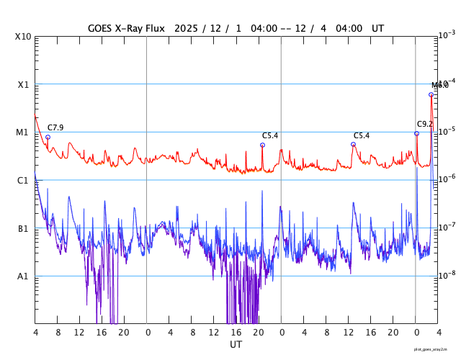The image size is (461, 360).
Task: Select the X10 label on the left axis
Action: pyautogui.click(x=22, y=37)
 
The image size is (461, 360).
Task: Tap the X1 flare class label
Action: pyautogui.click(x=23, y=84)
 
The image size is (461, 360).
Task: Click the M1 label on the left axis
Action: pyautogui.click(x=23, y=132)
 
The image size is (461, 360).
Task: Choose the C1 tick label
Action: pyautogui.click(x=23, y=180)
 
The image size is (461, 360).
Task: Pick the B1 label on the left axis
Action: pyautogui.click(x=23, y=228)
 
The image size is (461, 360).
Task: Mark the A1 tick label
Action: pyautogui.click(x=23, y=276)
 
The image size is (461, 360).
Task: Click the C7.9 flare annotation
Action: pyautogui.click(x=55, y=128)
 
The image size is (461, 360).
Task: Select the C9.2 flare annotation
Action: pyautogui.click(x=424, y=125)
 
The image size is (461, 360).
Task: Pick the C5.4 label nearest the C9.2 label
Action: pyautogui.click(x=361, y=135)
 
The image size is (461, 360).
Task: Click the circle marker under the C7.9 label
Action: pyautogui.click(x=48, y=137)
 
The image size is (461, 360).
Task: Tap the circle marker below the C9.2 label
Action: pyautogui.click(x=416, y=133)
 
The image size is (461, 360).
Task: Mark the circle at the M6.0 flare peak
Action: pyautogui.click(x=431, y=94)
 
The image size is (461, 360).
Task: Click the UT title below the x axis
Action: pyautogui.click(x=236, y=345)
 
